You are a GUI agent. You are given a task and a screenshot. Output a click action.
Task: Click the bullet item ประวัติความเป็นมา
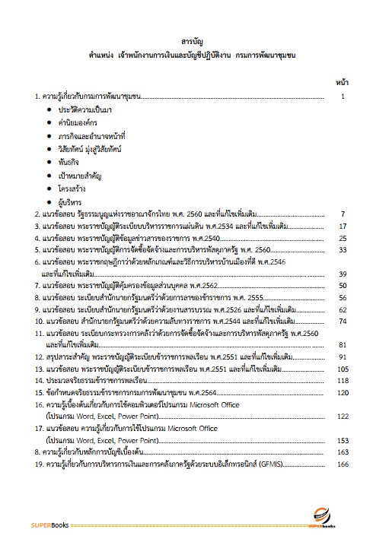click(90, 111)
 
